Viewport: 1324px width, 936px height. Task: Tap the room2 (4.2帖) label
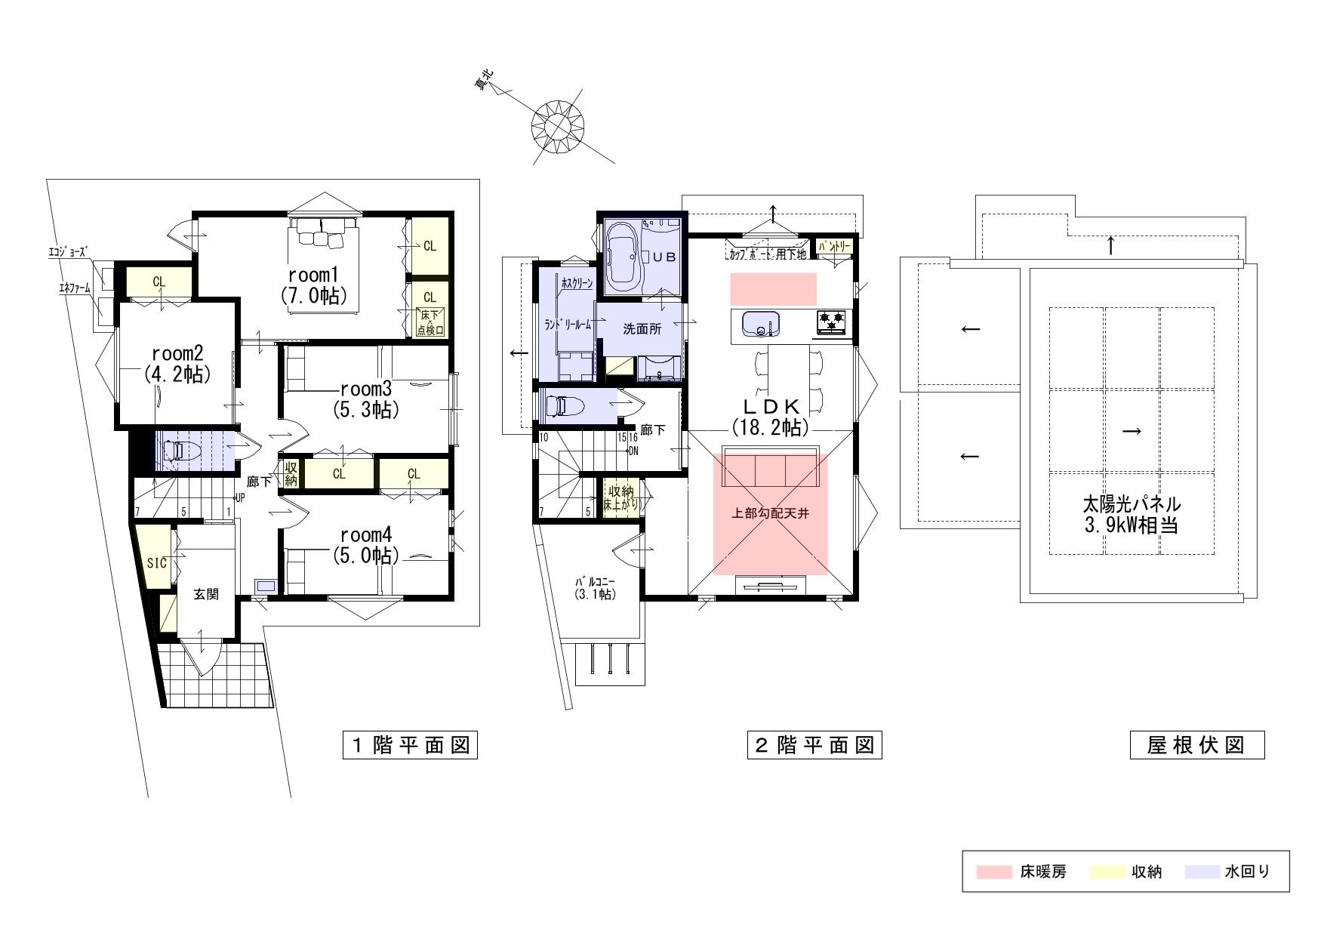[177, 364]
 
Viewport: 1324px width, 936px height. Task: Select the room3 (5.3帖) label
[366, 399]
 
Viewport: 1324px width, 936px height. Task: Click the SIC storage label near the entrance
[156, 562]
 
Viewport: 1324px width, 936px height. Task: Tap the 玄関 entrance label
[206, 594]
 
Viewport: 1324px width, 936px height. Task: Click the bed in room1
[325, 232]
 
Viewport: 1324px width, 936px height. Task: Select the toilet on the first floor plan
[179, 451]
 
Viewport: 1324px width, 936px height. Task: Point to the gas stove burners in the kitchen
[830, 322]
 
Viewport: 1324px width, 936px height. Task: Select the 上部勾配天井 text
[771, 513]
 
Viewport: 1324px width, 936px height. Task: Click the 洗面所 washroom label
[642, 329]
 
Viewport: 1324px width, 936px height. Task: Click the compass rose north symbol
[559, 125]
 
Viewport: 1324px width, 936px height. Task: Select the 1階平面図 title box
[411, 746]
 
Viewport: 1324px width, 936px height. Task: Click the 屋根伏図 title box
[1196, 746]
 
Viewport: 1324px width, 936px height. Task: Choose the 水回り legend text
[1247, 873]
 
